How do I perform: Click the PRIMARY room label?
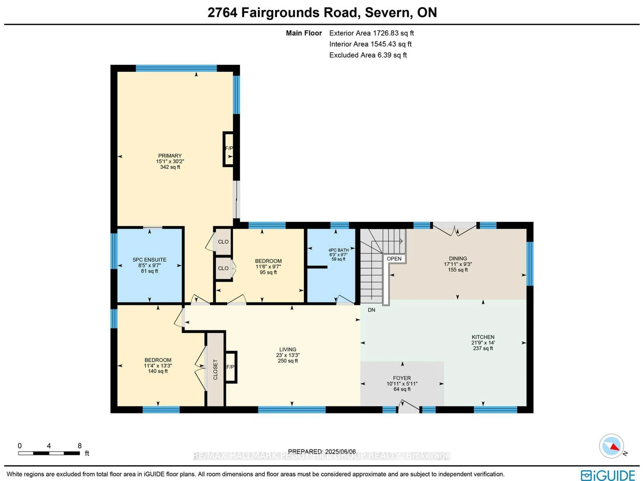170,156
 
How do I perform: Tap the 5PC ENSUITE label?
149,260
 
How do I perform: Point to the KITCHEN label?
483,337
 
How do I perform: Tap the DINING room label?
458,258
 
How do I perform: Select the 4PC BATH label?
338,250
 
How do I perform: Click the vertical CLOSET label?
215,370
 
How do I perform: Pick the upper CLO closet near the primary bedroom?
223,242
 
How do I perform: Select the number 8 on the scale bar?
79,446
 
